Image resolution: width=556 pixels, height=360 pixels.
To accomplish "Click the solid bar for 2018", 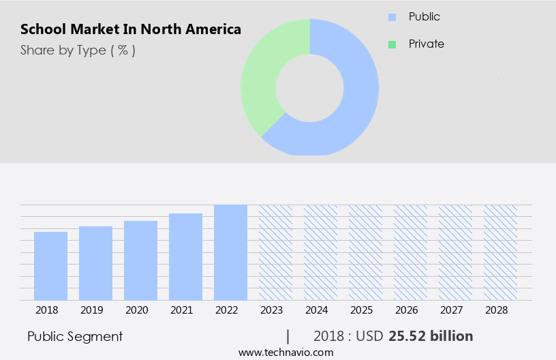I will [x=50, y=266].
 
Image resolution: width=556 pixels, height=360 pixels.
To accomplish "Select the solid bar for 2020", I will [x=140, y=260].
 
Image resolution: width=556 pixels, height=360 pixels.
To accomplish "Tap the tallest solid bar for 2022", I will [x=230, y=252].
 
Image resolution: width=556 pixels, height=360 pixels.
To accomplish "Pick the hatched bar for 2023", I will [x=275, y=252].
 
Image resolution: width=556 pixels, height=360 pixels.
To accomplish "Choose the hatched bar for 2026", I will [x=410, y=252].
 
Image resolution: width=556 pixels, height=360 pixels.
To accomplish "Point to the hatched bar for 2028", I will [x=500, y=252].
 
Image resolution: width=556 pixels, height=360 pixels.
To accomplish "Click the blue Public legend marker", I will [x=392, y=16].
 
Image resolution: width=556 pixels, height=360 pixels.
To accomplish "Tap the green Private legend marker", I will [x=392, y=44].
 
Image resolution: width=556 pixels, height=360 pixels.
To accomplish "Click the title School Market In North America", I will [x=130, y=30].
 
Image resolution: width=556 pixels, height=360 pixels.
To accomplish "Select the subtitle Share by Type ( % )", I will [x=78, y=50].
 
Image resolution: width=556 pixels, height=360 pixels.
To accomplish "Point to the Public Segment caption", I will [x=75, y=336].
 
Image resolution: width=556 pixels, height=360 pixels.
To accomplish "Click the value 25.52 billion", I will [x=431, y=336].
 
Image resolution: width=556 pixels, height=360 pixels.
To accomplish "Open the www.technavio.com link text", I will [x=285, y=352].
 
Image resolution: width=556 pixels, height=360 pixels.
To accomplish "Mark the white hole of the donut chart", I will [x=309, y=87].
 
